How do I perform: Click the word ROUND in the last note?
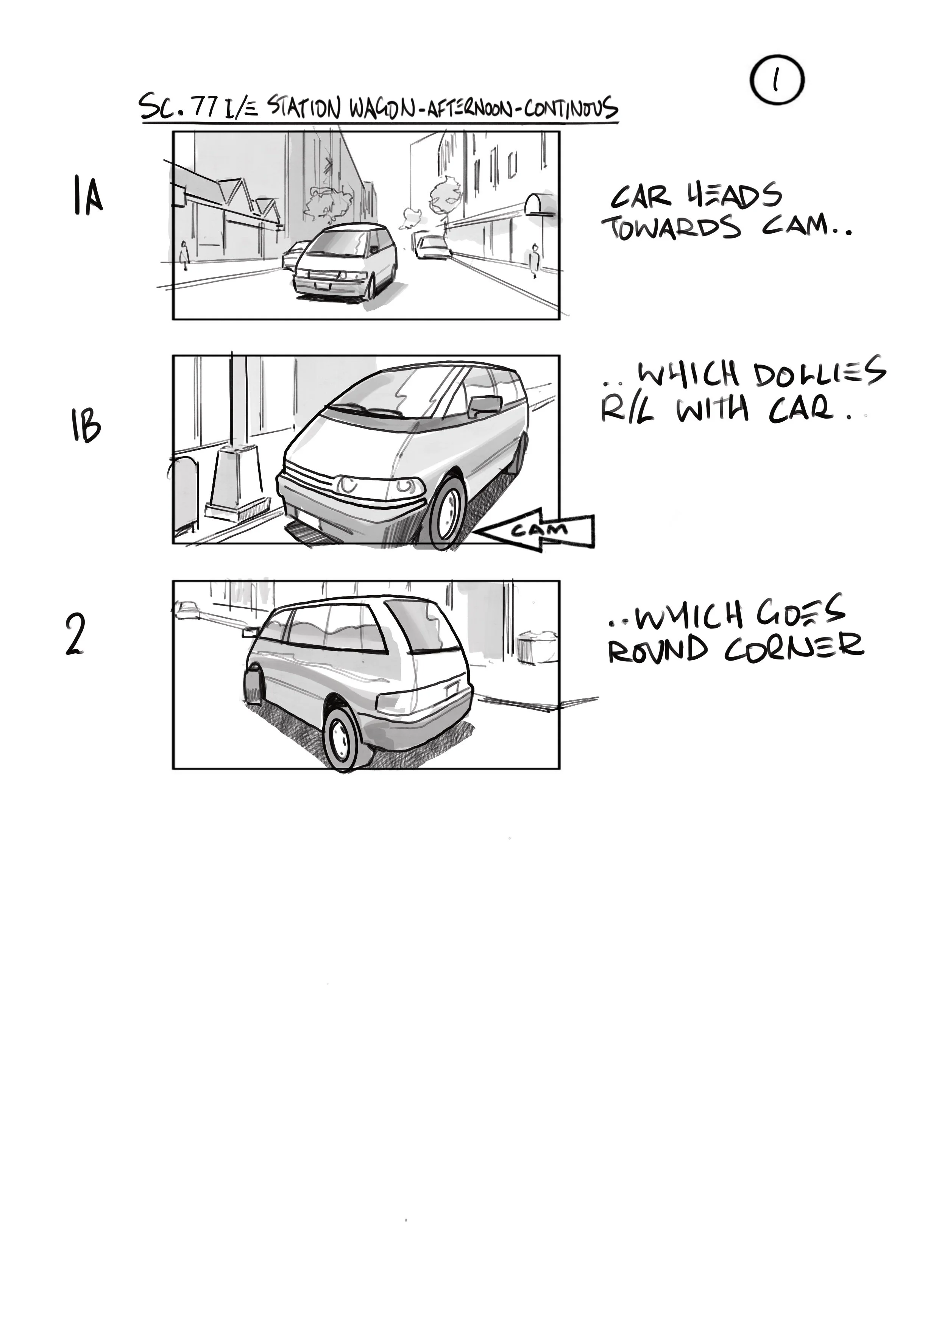[x=658, y=650]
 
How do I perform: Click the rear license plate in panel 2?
[x=451, y=688]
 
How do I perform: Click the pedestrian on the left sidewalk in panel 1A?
[x=184, y=255]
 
